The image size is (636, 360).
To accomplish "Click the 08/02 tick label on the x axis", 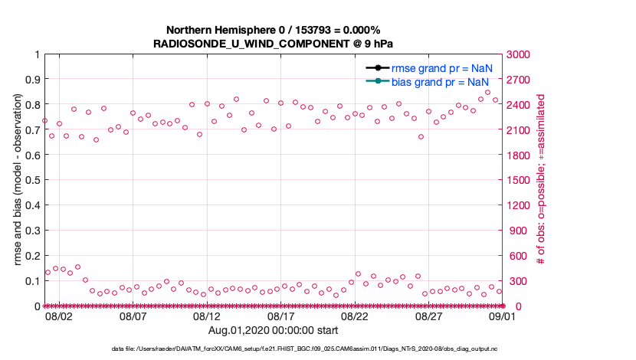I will [59, 315].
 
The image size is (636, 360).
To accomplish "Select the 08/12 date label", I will [207, 315].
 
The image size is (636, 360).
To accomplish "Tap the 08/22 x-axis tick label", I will [356, 315].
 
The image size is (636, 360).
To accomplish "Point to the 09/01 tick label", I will [503, 315].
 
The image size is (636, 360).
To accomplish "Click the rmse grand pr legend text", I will [441, 67].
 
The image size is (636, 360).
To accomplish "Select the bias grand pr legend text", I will [441, 81].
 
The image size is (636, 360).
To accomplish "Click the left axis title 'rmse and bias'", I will [18, 180].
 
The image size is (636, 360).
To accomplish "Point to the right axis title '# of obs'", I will [541, 180].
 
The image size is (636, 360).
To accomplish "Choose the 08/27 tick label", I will [429, 315].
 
